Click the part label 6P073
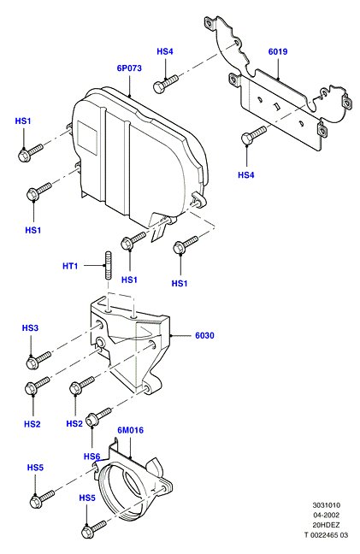click(x=129, y=68)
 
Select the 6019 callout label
click(x=278, y=51)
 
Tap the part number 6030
click(x=204, y=335)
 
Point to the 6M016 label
click(x=131, y=430)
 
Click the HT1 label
click(x=70, y=266)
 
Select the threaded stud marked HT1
click(x=108, y=265)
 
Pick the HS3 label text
click(x=30, y=328)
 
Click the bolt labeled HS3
click(x=38, y=360)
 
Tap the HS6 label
click(x=91, y=457)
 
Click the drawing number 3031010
click(x=326, y=505)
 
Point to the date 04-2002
click(x=326, y=516)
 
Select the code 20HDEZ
click(x=326, y=525)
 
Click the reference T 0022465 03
click(x=326, y=535)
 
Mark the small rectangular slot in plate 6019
click(x=276, y=106)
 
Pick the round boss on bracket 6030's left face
click(x=100, y=342)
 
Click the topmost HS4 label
click(x=165, y=51)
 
